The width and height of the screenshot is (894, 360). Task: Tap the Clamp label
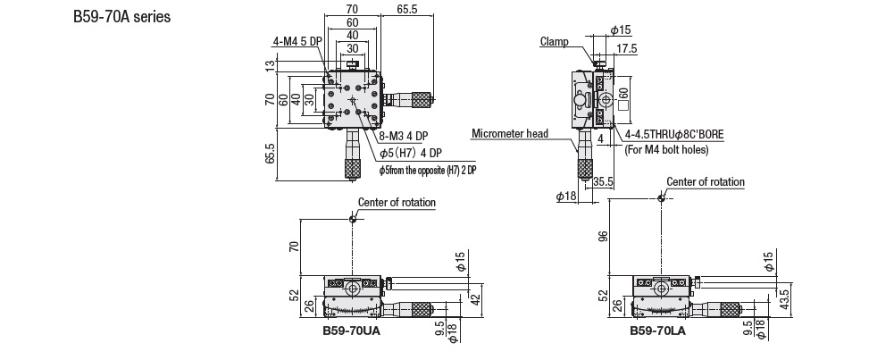pos(554,40)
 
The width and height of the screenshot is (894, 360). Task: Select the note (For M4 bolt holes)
pos(660,149)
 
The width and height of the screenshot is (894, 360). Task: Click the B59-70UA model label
pos(351,331)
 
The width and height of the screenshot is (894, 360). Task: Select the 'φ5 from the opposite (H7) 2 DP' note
pos(429,169)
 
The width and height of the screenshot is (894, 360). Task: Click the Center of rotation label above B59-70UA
pos(397,203)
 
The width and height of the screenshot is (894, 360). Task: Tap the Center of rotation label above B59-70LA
pos(705,181)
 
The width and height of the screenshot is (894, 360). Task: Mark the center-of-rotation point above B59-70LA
pos(661,197)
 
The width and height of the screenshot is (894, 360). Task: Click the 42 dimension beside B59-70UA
pos(475,298)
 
